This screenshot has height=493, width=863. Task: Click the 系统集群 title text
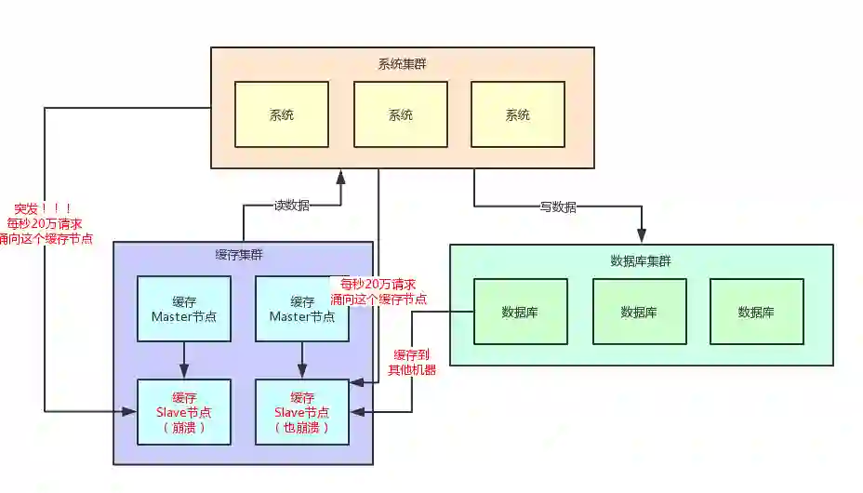coord(402,64)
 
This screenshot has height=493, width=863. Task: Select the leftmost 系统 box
coord(282,114)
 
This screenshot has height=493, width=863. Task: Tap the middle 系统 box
coord(401,114)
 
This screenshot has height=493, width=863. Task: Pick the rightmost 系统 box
coord(517,114)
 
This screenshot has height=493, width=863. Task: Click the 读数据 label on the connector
coord(291,206)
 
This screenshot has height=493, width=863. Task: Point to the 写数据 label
coord(558,207)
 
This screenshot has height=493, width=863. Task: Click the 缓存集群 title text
coord(239,255)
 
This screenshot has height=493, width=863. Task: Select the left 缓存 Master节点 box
coord(184,308)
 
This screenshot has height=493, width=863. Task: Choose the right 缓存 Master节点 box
coord(302,308)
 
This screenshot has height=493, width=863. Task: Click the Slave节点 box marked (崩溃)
coord(184,411)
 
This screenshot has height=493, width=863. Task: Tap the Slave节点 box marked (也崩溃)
coord(302,411)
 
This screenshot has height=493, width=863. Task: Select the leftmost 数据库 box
coord(520,312)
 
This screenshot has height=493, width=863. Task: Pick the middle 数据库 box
coord(639,312)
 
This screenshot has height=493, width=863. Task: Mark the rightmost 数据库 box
coord(756,312)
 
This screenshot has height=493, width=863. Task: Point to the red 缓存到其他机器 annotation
coord(412,361)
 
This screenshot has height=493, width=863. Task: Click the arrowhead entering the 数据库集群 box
coord(642,237)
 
